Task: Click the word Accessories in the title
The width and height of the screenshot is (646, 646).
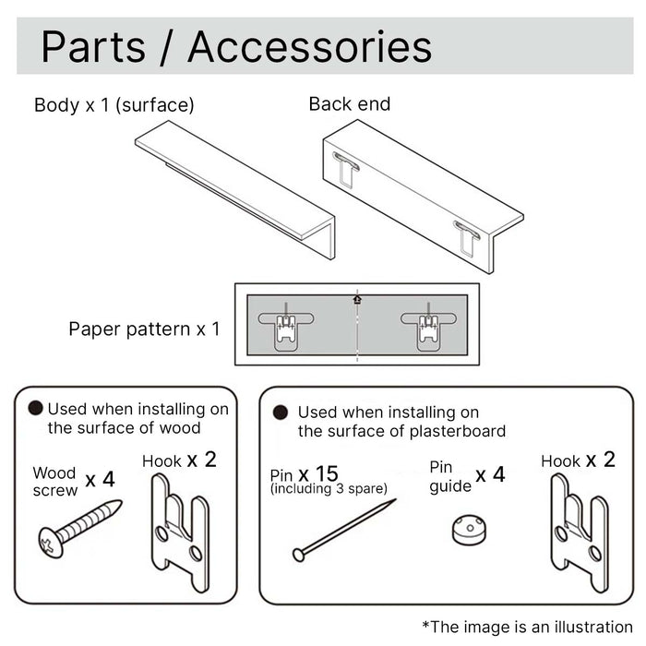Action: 309,47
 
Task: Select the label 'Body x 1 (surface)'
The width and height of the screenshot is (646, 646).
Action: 114,105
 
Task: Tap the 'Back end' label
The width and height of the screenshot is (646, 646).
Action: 350,104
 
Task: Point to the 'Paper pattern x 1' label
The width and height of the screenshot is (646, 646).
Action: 145,329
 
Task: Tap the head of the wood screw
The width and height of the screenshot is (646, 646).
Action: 52,542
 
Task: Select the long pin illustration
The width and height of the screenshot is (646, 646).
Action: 344,529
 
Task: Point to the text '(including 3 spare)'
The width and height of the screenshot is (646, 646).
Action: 329,488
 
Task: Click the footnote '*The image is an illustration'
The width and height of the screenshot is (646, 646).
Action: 528,627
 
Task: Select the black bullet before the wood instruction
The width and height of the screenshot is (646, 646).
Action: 36,408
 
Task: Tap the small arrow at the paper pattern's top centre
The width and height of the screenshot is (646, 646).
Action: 357,298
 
